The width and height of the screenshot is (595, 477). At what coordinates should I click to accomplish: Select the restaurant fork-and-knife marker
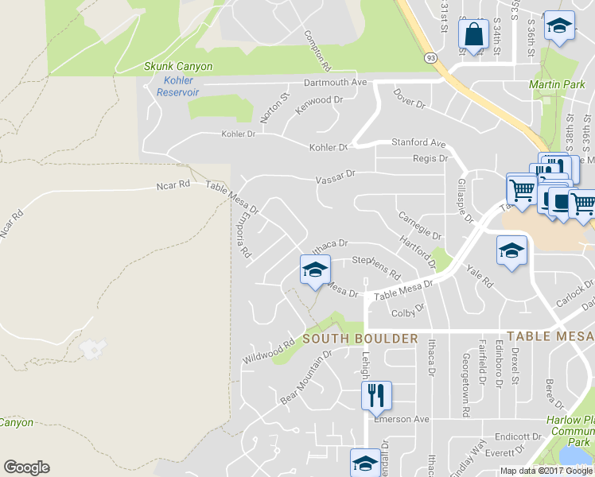tap(375, 395)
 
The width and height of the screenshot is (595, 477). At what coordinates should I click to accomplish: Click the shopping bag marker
tap(473, 35)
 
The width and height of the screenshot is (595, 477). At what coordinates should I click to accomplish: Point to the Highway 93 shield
tap(430, 57)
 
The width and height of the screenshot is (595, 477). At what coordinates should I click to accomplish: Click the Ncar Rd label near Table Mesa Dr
tap(173, 185)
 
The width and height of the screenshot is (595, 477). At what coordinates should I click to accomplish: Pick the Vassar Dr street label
tap(334, 176)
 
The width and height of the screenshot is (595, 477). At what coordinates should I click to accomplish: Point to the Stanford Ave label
tap(418, 143)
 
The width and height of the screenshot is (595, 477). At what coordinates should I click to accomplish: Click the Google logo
tap(26, 467)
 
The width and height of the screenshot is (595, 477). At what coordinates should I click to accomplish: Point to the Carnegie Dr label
tap(419, 226)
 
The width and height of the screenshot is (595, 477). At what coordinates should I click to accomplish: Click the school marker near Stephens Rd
tap(314, 270)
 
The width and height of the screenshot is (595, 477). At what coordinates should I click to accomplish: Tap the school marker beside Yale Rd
tap(511, 250)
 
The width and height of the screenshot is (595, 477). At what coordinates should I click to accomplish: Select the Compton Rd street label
tap(317, 49)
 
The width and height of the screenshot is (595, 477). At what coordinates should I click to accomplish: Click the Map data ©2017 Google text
tap(546, 471)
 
